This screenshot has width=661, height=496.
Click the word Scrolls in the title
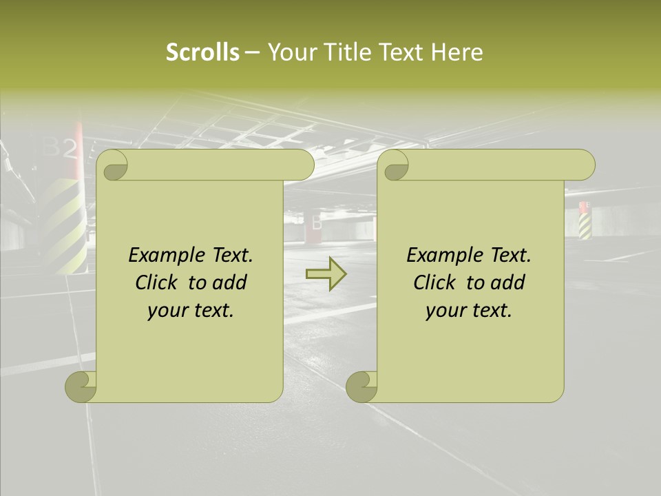202,52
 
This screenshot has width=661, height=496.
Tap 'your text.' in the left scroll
191,311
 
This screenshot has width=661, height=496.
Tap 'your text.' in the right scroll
469,311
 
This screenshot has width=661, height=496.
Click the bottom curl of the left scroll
81,386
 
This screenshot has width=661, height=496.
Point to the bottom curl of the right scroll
361,386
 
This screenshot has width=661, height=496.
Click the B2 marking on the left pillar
61,147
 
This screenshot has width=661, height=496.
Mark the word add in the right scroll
508,282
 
